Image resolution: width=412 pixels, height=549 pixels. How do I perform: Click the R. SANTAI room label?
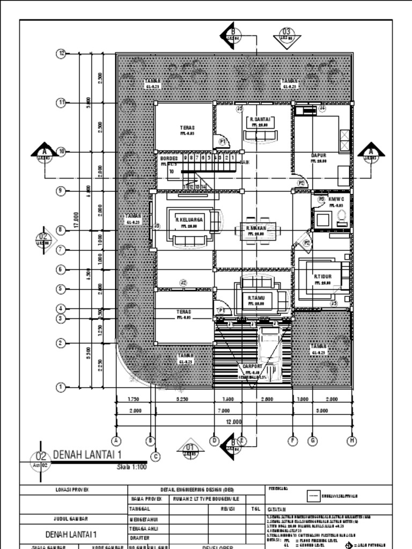click(260, 120)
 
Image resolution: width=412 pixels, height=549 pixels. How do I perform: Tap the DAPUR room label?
click(319, 155)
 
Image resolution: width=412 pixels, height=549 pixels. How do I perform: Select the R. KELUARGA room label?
click(189, 219)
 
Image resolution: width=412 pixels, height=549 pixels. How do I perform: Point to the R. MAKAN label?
click(256, 228)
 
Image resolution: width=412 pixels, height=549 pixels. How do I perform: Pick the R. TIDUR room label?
click(323, 277)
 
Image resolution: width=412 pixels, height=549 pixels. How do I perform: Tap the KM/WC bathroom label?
click(336, 198)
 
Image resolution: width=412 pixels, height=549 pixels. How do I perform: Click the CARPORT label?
click(252, 367)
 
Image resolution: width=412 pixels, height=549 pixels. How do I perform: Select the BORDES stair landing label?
click(168, 159)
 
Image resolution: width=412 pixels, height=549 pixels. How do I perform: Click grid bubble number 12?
click(61, 53)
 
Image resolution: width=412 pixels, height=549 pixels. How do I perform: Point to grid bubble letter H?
click(352, 441)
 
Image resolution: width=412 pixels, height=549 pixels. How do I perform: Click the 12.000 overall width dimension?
click(233, 422)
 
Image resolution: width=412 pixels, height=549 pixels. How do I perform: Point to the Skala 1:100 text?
click(131, 467)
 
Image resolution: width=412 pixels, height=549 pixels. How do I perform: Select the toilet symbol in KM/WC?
click(342, 218)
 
